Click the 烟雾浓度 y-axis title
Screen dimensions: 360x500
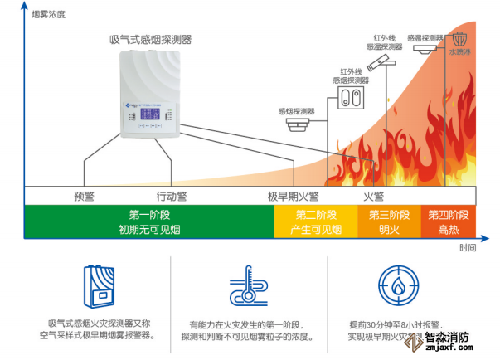point(48,15)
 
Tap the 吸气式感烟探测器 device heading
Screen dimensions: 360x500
point(151,39)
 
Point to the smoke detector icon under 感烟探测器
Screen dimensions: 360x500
point(297,124)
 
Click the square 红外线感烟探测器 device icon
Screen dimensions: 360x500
point(351,100)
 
